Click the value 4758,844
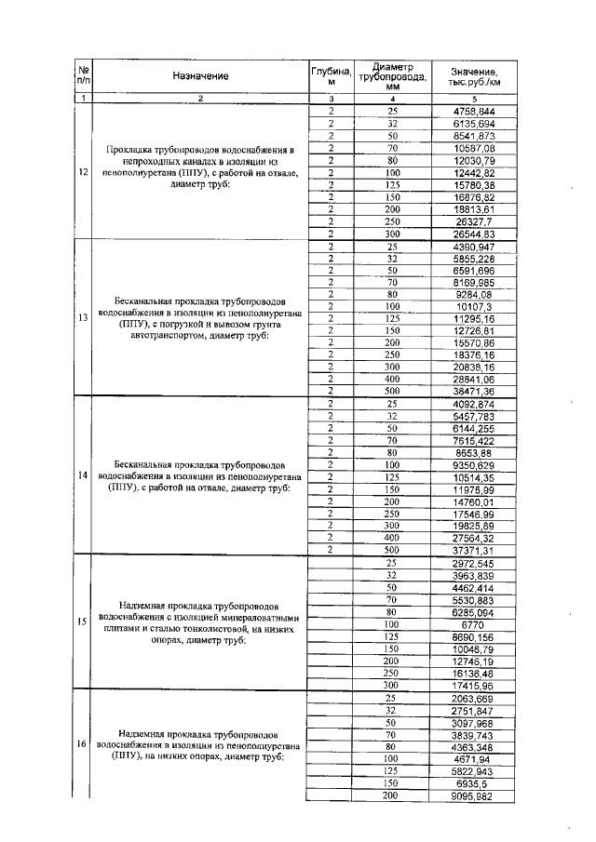(474, 112)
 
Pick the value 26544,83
(474, 233)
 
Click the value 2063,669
(474, 697)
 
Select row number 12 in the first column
(84, 172)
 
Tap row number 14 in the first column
(84, 475)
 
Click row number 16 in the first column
(84, 745)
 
